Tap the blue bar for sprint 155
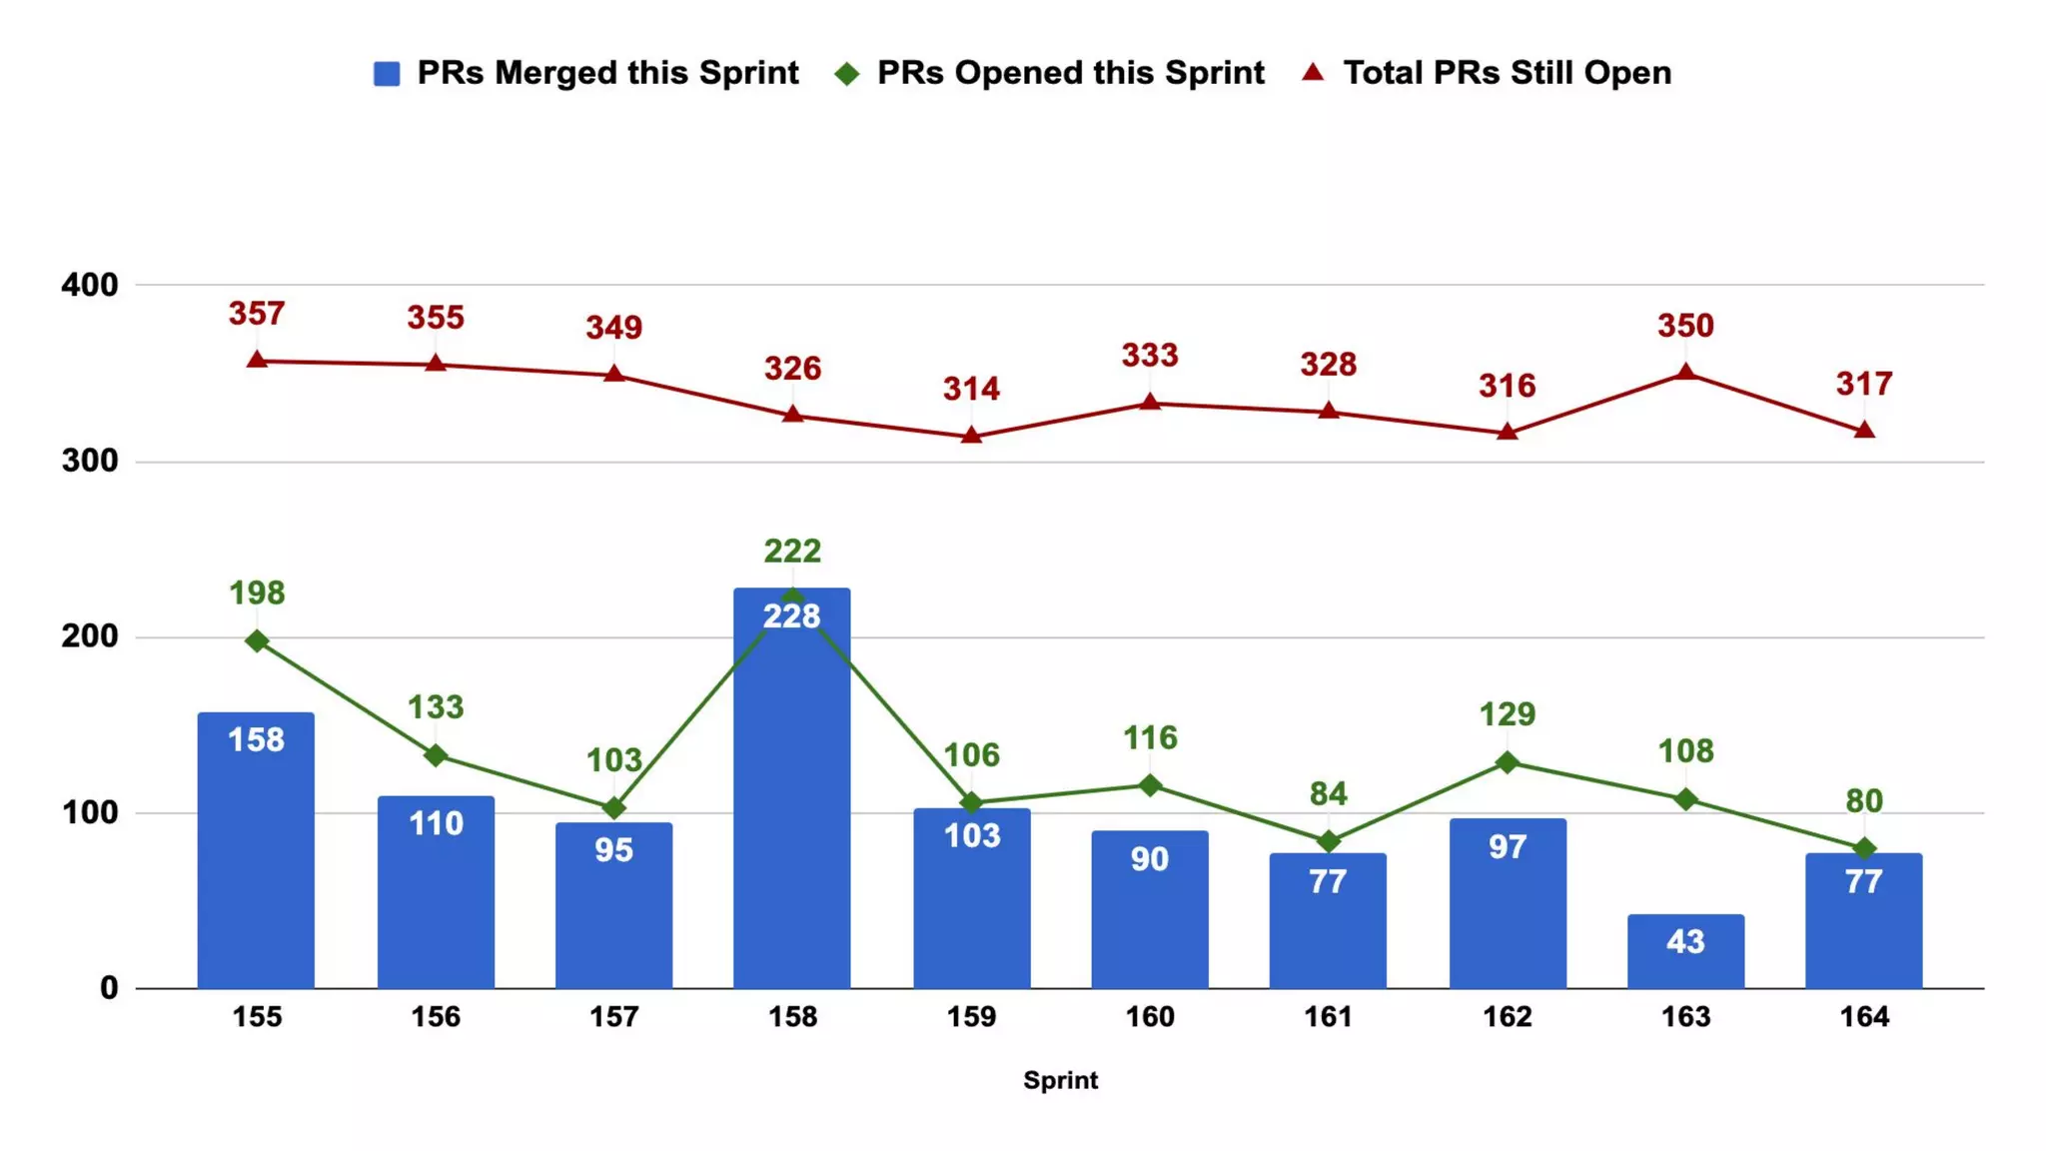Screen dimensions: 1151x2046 256,849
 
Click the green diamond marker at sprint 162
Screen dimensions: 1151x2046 1507,762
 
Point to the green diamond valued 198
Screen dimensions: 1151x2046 257,640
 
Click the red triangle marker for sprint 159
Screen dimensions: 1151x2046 971,436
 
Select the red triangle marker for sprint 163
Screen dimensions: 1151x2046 1685,373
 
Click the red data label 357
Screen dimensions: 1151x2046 257,314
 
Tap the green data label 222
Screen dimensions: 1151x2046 792,551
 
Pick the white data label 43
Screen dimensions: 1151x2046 1685,941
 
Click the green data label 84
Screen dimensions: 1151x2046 1328,793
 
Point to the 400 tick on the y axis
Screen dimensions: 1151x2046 90,285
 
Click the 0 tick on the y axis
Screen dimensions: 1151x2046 109,988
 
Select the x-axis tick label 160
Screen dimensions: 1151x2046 1150,1017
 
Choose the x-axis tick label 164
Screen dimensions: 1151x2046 1864,1017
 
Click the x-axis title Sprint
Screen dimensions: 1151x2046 1060,1080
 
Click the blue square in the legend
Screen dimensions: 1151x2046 387,74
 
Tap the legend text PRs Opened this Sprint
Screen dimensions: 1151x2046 1070,73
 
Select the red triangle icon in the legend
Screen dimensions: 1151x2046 1313,72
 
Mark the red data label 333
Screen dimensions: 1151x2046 1150,355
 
